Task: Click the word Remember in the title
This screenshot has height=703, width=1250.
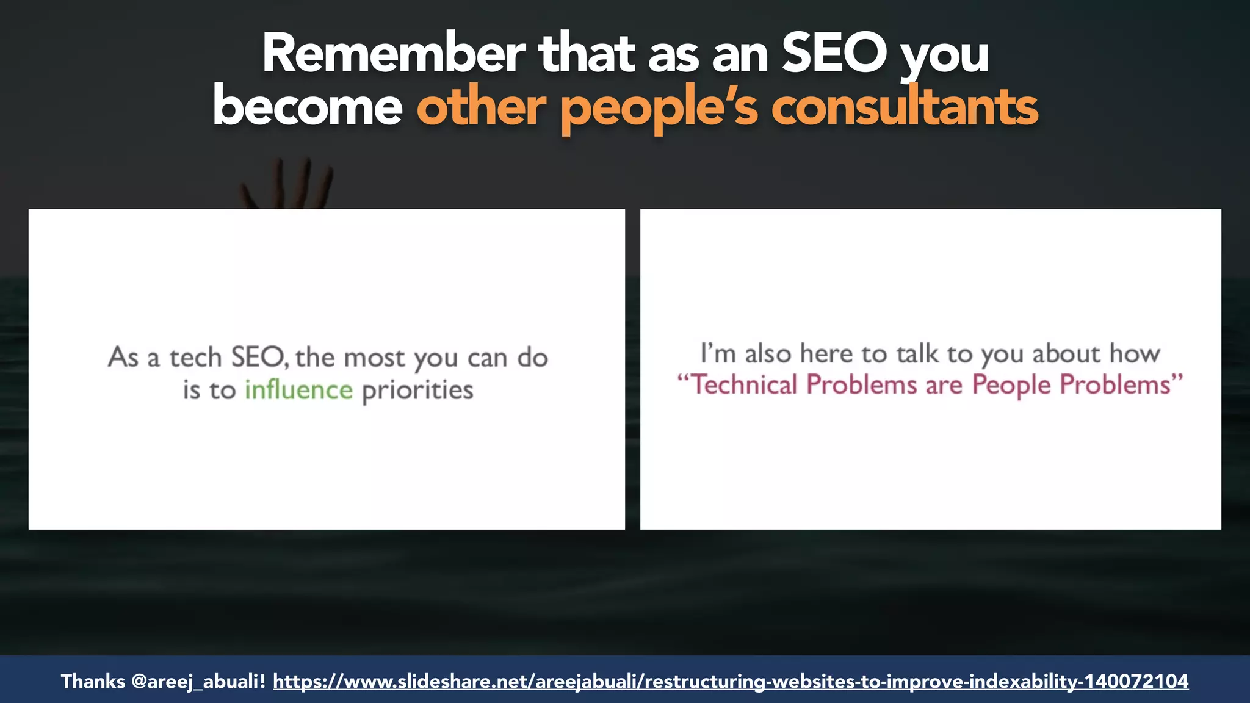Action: (393, 54)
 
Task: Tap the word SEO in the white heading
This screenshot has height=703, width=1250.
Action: (834, 54)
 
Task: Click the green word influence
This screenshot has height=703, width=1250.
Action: (298, 390)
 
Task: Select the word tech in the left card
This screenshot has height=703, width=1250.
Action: (195, 358)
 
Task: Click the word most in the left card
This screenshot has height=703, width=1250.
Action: (374, 358)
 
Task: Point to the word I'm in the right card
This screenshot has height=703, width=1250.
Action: (718, 354)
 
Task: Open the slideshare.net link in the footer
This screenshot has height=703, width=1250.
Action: (730, 681)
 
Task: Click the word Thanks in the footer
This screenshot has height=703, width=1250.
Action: (93, 681)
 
